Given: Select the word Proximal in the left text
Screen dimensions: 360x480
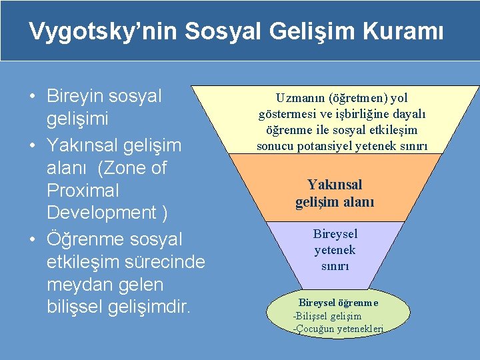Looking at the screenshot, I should point(83,191).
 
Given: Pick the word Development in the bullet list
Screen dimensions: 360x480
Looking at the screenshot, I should point(97,213).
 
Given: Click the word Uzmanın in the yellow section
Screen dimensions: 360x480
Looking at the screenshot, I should point(289,98).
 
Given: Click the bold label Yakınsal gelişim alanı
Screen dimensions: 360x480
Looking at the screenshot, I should point(335,193).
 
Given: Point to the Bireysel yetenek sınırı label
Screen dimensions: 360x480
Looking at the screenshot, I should point(335,250).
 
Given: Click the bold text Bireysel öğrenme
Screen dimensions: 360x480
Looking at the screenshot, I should point(338,303).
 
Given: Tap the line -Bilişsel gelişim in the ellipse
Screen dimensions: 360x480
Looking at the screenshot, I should point(327,316).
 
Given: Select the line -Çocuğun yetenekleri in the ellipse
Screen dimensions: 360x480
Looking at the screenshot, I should point(339,329).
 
